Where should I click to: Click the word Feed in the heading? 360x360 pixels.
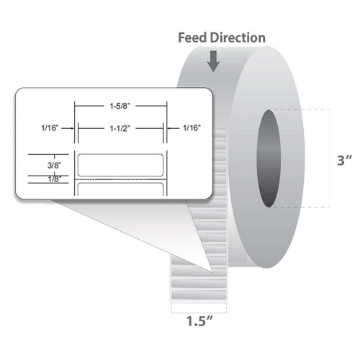point(192,38)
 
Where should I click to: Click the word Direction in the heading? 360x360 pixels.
point(238,38)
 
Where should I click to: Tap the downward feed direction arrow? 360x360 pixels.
point(213,61)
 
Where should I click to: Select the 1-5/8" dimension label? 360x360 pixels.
point(120,106)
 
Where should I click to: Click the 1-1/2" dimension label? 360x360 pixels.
point(120,129)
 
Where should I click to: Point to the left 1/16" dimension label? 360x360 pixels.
point(50,128)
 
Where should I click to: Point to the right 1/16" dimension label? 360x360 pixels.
point(192,128)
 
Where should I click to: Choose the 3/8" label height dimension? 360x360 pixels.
point(54,165)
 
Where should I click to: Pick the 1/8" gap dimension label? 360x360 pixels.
point(55,179)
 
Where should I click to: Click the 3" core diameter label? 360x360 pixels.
point(345,161)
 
